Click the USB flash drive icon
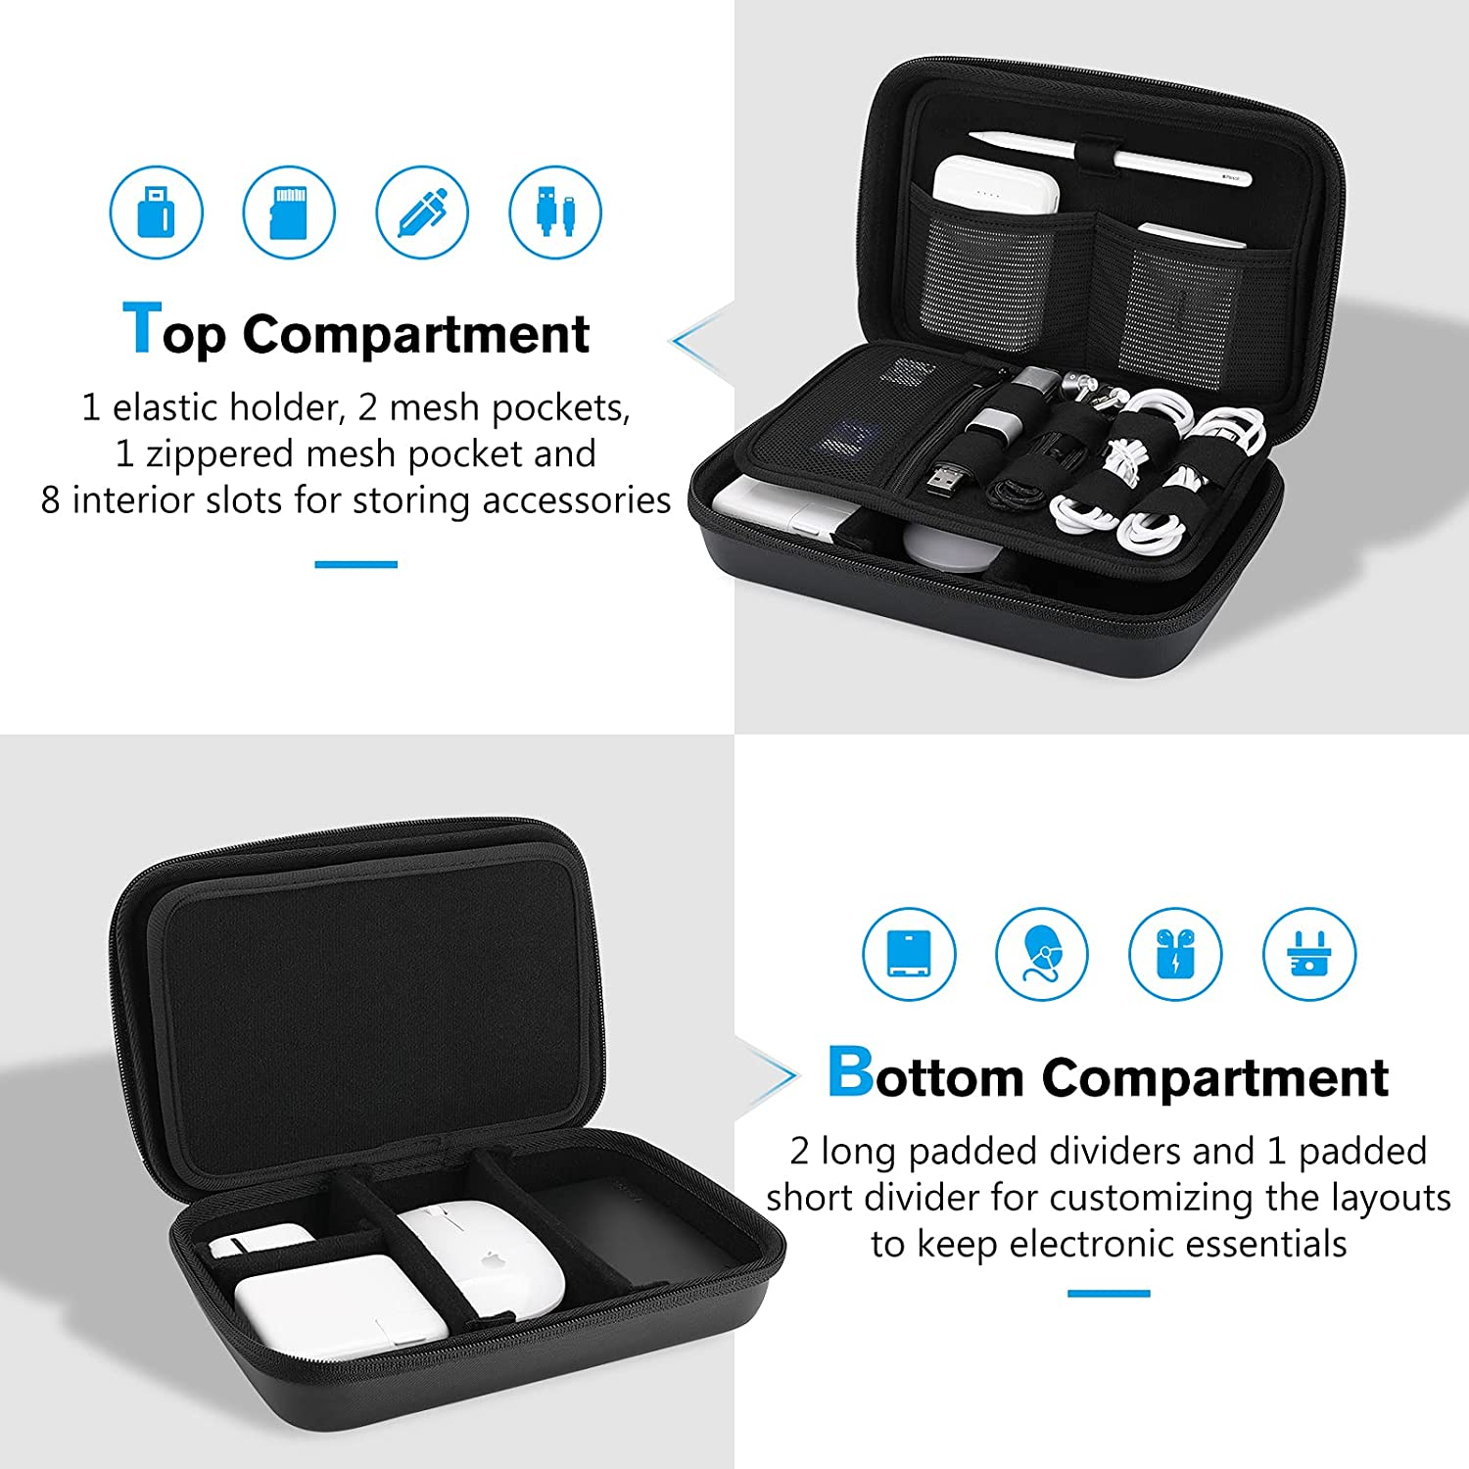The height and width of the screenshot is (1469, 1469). [156, 213]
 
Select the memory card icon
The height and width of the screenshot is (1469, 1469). [289, 213]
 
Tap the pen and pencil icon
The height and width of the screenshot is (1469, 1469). [422, 213]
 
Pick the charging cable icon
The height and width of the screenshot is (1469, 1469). [555, 213]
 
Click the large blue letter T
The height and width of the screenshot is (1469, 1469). [141, 328]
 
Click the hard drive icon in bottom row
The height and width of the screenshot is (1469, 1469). [909, 954]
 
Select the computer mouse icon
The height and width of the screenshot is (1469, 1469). [1042, 954]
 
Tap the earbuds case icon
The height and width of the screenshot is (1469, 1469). [1175, 954]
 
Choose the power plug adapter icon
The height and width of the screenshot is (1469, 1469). [1308, 954]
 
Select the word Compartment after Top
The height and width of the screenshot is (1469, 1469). [416, 334]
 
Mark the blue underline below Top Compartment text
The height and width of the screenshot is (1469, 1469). [355, 564]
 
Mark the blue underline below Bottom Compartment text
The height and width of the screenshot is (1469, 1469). [1109, 1294]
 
